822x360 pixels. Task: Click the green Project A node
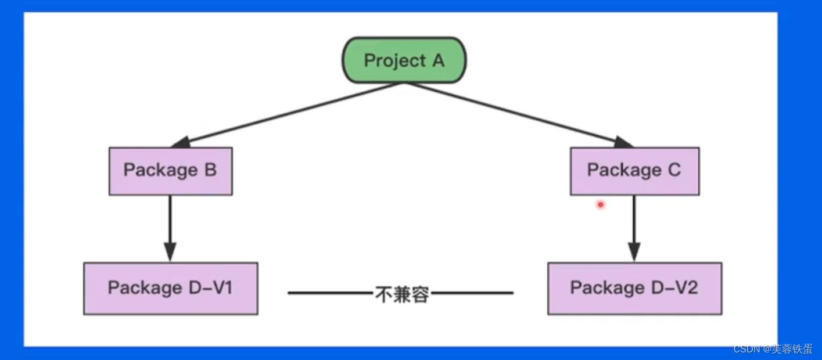[x=404, y=60]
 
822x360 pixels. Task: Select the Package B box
[x=170, y=171]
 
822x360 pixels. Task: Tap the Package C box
[x=634, y=171]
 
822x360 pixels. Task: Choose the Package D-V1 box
[x=170, y=288]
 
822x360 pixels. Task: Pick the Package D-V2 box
[x=634, y=288]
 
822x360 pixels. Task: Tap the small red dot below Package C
[x=600, y=204]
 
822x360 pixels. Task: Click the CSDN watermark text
[x=773, y=349]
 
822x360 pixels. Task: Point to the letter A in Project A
[x=437, y=60]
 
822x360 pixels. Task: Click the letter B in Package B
[x=210, y=170]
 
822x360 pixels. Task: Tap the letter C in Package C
[x=674, y=170]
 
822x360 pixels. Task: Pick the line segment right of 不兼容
[x=472, y=293]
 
